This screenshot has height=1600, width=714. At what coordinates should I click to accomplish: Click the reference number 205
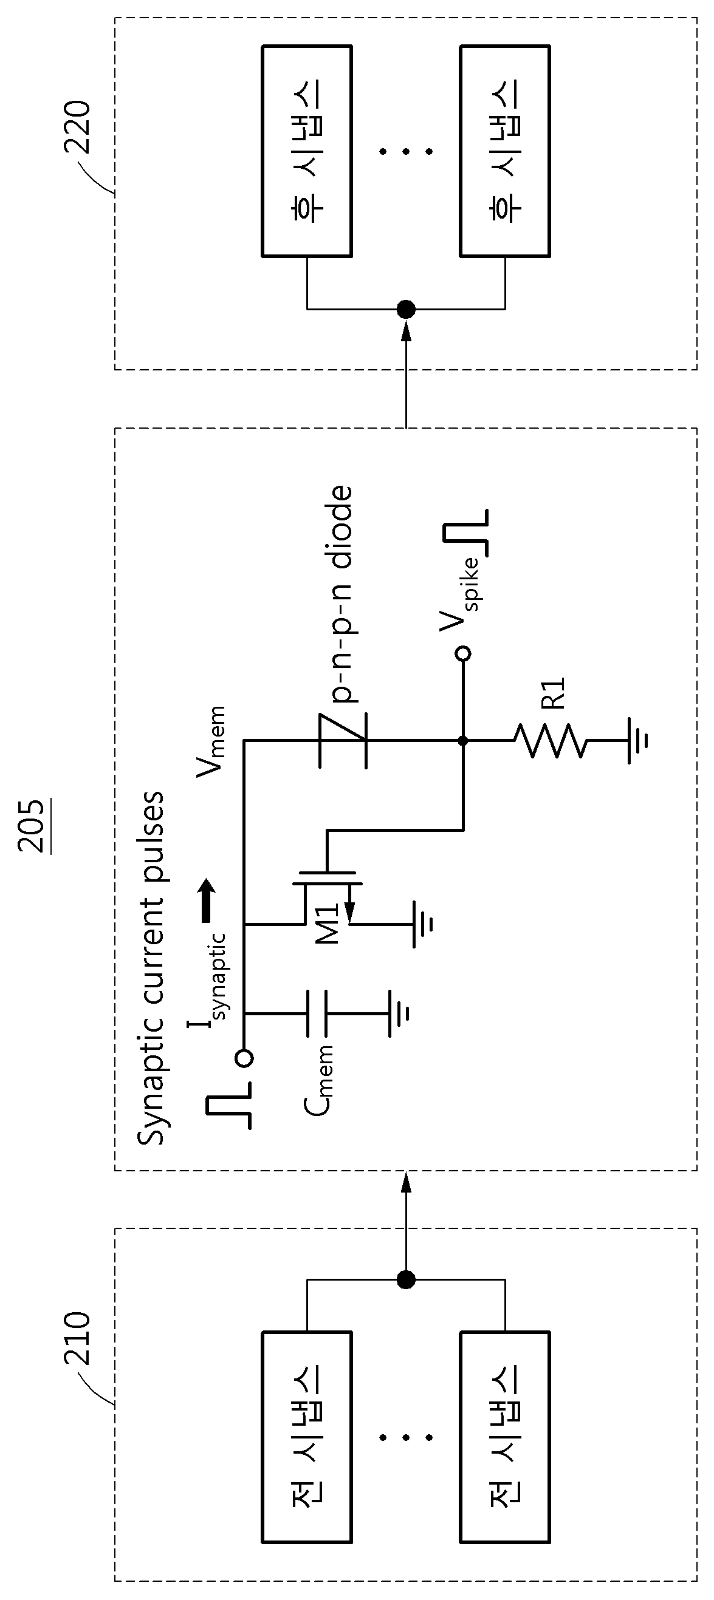[x=32, y=826]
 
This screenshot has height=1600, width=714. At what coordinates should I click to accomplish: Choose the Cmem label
[x=319, y=1081]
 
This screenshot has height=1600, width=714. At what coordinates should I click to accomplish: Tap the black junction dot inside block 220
[x=406, y=308]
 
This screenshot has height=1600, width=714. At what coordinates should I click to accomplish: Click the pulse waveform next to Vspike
[x=465, y=532]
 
